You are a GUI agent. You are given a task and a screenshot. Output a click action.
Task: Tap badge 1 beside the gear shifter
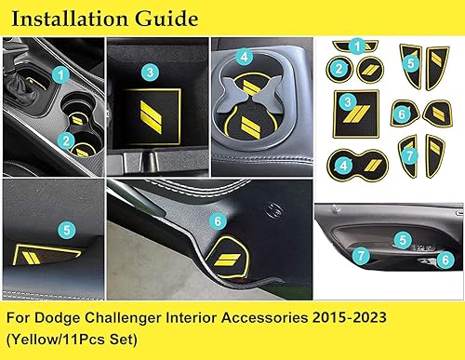[x=60, y=72]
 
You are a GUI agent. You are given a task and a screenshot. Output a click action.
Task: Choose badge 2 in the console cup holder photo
[x=64, y=141]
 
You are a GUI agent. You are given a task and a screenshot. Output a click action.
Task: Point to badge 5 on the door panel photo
[x=402, y=240]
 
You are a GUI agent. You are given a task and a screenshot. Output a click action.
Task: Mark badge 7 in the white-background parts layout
[x=408, y=155]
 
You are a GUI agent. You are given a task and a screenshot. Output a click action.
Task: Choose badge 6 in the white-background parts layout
[x=402, y=113]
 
